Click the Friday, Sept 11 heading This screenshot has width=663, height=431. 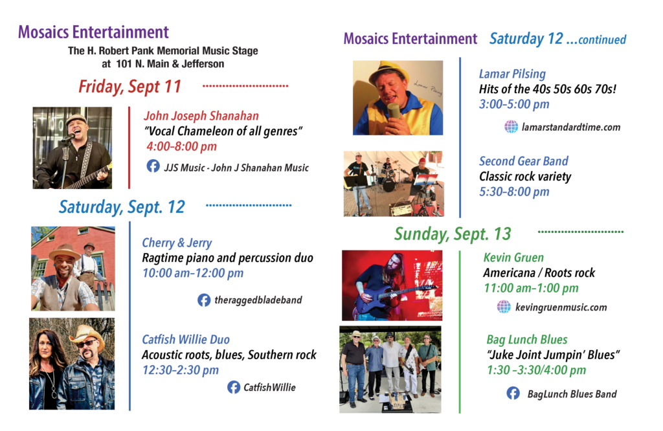click(129, 87)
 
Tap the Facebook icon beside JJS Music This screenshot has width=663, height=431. click(153, 166)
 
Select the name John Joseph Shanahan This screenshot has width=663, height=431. click(201, 116)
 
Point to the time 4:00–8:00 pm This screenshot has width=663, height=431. click(181, 146)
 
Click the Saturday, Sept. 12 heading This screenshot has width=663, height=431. click(122, 207)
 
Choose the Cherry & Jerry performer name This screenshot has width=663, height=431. click(177, 243)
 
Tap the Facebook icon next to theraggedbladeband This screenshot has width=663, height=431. click(204, 300)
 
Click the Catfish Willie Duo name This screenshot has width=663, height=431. click(186, 339)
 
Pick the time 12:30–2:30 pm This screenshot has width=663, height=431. click(181, 370)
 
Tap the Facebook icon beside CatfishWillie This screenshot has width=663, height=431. click(233, 387)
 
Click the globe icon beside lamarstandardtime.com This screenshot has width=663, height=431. click(511, 126)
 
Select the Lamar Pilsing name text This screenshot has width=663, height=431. click(512, 74)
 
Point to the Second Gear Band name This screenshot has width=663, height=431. click(523, 161)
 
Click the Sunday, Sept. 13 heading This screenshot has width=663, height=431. click(453, 234)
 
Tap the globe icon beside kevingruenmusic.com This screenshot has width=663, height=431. click(504, 306)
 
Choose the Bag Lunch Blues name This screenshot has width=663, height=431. click(527, 339)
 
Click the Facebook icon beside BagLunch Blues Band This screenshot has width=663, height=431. click(513, 393)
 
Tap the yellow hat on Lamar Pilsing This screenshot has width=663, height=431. click(388, 71)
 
